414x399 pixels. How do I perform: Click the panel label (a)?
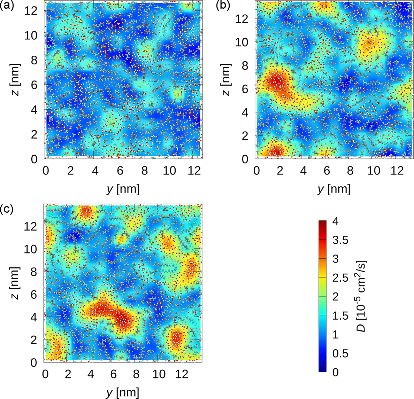7,6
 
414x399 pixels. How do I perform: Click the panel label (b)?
223,6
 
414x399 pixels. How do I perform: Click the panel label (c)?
7,209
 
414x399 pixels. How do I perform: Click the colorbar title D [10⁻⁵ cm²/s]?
365,296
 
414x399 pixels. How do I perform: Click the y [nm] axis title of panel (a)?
123,189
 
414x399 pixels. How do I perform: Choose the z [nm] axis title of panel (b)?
227,80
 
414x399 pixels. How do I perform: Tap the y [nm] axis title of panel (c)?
123,393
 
